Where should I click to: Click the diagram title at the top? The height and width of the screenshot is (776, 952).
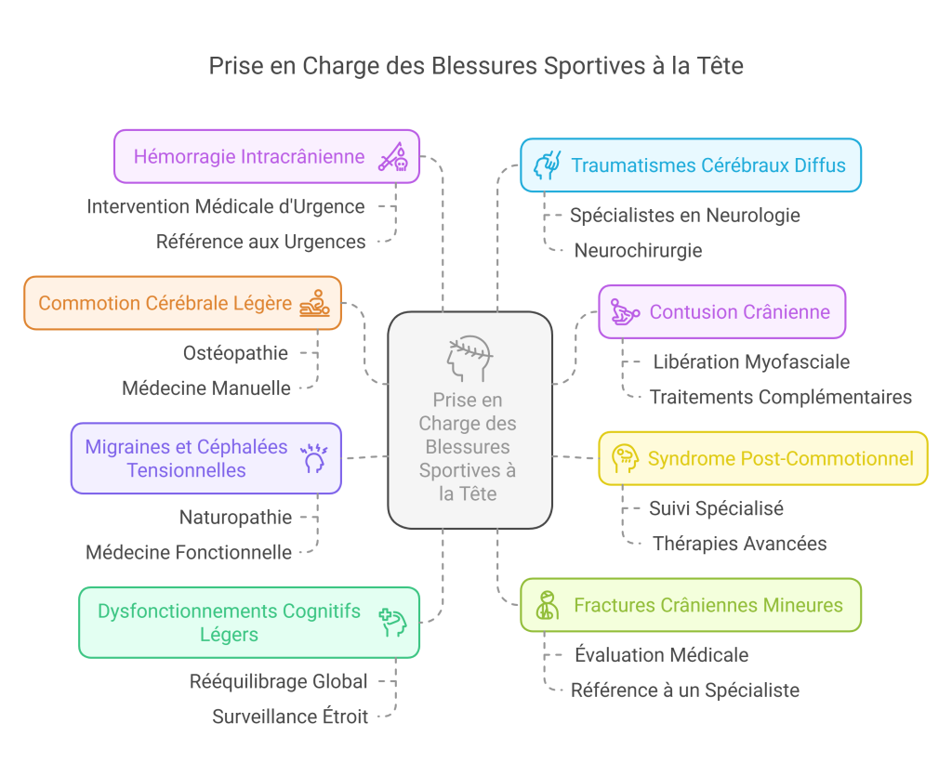476,66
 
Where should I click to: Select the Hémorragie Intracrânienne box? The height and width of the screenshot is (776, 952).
266,156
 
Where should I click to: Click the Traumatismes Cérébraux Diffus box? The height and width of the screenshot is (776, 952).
690,165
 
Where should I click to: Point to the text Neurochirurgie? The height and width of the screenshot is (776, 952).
638,250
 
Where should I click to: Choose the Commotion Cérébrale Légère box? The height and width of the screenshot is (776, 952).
182,303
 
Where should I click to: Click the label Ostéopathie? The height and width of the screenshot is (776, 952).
235,353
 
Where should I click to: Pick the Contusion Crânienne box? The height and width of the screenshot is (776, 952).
721,311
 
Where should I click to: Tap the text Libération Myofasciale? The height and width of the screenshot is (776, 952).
751,362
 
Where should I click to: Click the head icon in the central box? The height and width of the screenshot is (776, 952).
469,358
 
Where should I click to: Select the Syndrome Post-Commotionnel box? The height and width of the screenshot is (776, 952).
762,458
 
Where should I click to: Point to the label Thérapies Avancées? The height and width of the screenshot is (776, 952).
740,544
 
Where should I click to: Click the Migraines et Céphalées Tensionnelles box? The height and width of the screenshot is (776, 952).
205,458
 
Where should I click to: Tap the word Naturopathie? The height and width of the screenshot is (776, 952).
235,518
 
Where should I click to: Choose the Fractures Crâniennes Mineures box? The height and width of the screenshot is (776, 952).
690,605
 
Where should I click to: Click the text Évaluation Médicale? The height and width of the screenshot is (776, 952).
661,655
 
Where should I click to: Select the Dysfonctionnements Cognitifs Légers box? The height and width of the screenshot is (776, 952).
248,622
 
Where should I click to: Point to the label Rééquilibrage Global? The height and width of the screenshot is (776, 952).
279,681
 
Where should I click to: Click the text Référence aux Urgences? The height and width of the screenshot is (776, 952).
260,242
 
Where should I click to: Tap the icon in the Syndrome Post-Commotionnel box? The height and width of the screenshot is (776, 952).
624,458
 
